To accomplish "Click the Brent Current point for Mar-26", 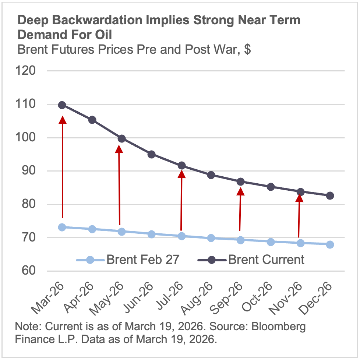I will pos(62,105).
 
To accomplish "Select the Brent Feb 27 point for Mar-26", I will pos(62,227).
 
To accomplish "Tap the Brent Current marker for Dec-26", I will pos(330,195).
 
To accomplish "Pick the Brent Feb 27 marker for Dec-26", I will pos(330,244).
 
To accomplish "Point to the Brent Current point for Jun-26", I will pos(151,154).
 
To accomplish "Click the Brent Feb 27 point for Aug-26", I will pos(211,238).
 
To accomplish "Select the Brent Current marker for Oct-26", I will pos(271,187).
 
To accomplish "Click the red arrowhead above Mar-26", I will pos(63,120).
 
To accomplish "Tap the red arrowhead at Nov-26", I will pos(300,198).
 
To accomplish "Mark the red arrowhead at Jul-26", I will pos(181,174).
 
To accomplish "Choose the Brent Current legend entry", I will pos(251,260).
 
